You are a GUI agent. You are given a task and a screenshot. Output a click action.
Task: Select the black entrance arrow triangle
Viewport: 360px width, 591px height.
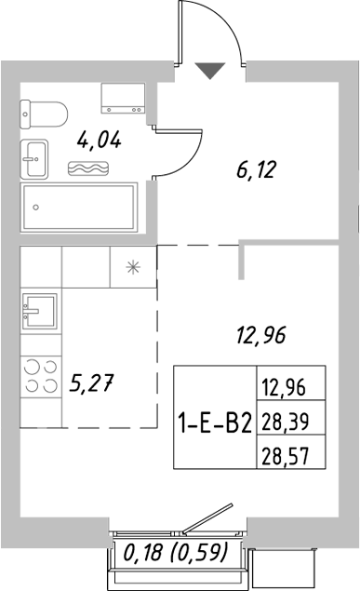(x=210, y=69)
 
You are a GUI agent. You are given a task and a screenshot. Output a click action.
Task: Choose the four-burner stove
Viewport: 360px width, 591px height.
(x=38, y=375)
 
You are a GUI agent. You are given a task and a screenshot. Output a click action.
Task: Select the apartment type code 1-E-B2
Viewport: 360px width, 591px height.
(x=214, y=422)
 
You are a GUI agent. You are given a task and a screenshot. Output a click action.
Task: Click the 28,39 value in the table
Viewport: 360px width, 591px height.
(x=287, y=422)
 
